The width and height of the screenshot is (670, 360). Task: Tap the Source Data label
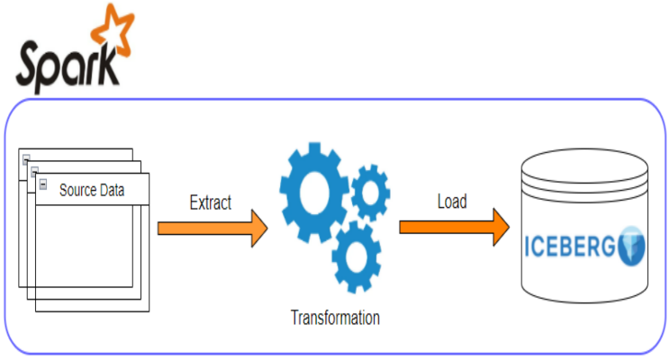91,190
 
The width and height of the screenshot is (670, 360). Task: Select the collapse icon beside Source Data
42,184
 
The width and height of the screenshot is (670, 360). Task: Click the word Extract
211,202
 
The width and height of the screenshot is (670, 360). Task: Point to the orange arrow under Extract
213,228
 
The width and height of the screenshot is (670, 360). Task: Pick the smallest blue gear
369,192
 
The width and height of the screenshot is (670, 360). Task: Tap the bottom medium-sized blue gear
358,256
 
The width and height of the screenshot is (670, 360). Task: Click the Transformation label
335,318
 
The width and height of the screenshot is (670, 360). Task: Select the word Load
452,202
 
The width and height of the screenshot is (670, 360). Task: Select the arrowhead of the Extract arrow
258,228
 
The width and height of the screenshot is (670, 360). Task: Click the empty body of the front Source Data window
92,256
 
